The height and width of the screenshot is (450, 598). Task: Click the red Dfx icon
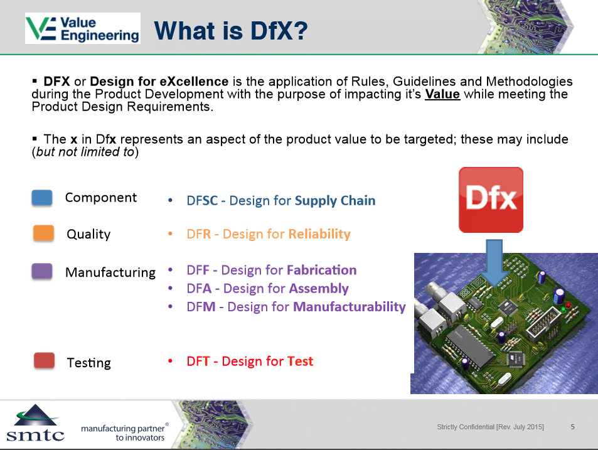click(491, 200)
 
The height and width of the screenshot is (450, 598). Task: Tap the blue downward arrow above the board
click(494, 263)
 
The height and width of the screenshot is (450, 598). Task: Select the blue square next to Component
click(42, 198)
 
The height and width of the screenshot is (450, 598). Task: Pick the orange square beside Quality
click(43, 233)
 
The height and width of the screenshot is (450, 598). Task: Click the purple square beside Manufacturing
click(42, 271)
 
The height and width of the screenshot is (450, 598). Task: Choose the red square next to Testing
click(45, 360)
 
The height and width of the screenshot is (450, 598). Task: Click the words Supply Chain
click(335, 201)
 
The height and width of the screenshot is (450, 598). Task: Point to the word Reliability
click(319, 233)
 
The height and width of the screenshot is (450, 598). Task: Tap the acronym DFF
click(198, 270)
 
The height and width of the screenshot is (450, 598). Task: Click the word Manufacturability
click(350, 307)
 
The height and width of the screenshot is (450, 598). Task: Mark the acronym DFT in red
click(198, 361)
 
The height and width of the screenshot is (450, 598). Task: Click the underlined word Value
click(442, 94)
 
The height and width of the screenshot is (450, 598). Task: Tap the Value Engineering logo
click(83, 28)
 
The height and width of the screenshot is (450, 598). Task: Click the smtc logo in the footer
click(36, 423)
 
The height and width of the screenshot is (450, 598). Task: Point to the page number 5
click(572, 427)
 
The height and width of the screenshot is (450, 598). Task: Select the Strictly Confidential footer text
click(491, 427)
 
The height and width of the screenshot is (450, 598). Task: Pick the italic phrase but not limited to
click(85, 152)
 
